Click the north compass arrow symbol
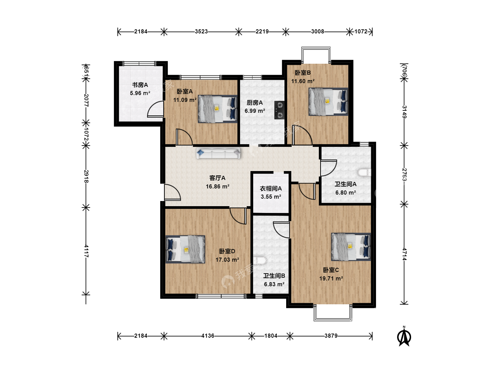404,337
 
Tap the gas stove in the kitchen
279,110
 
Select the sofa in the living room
218,153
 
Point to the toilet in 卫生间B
260,260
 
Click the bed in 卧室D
185,249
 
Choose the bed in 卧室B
328,102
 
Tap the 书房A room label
140,85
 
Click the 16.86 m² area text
217,186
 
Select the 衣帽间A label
271,188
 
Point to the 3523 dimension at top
201,31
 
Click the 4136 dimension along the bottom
208,336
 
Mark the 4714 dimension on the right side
404,254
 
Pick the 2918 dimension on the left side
86,176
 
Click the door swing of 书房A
156,109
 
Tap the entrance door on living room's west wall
172,192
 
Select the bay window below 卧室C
333,312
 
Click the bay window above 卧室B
316,55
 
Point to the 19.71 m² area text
331,279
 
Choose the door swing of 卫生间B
281,230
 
